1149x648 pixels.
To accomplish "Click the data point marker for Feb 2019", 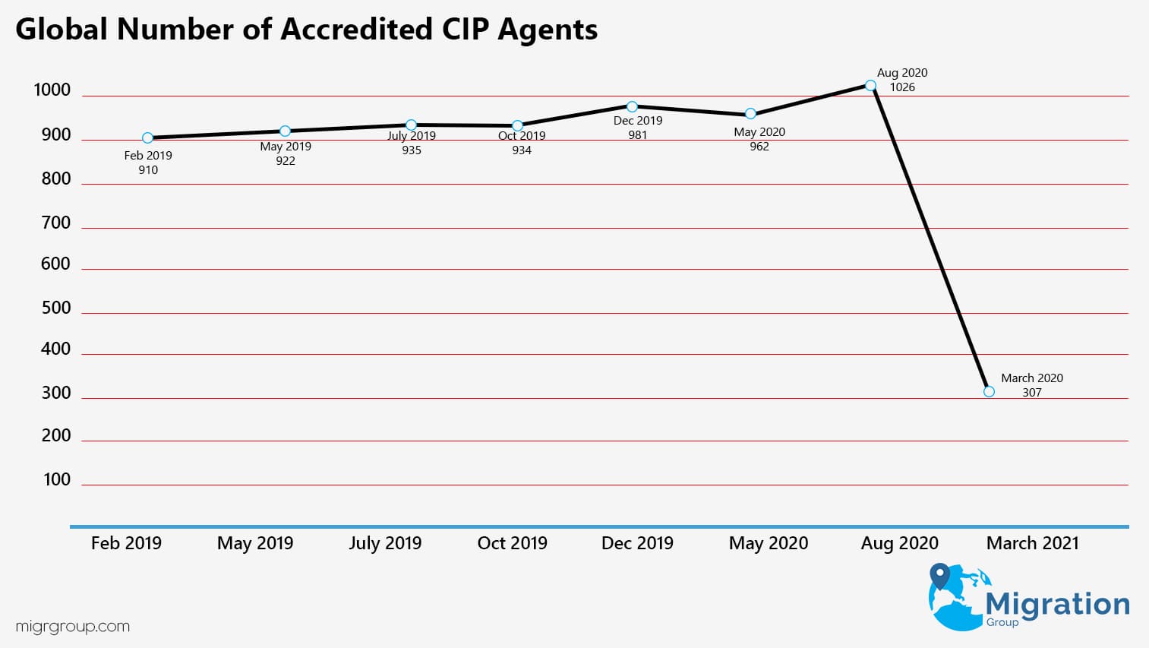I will click(x=147, y=138).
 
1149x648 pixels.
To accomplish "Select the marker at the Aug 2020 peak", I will click(x=870, y=86).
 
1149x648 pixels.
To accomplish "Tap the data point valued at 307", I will click(x=989, y=392).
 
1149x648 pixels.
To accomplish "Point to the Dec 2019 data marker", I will click(x=632, y=107).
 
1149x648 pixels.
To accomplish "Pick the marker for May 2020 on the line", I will click(x=750, y=114).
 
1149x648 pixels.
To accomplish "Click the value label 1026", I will click(x=902, y=87).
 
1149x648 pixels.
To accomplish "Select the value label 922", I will click(x=286, y=161).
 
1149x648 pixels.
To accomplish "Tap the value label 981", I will click(x=638, y=135).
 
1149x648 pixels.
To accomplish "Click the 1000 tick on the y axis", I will click(x=52, y=90).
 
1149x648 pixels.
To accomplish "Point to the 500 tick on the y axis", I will click(x=55, y=308).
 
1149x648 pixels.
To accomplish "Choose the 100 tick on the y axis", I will click(x=57, y=480).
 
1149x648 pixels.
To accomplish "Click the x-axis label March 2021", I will click(x=1032, y=543).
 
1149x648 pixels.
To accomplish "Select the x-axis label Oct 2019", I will click(x=512, y=543).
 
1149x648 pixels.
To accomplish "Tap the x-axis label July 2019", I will click(x=385, y=543).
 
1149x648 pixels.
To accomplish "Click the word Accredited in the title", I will click(x=356, y=30).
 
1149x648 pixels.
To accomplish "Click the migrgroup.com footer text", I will click(x=73, y=627).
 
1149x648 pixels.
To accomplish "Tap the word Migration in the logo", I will click(x=1057, y=604).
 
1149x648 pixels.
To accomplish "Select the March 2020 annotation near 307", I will click(x=1031, y=378).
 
